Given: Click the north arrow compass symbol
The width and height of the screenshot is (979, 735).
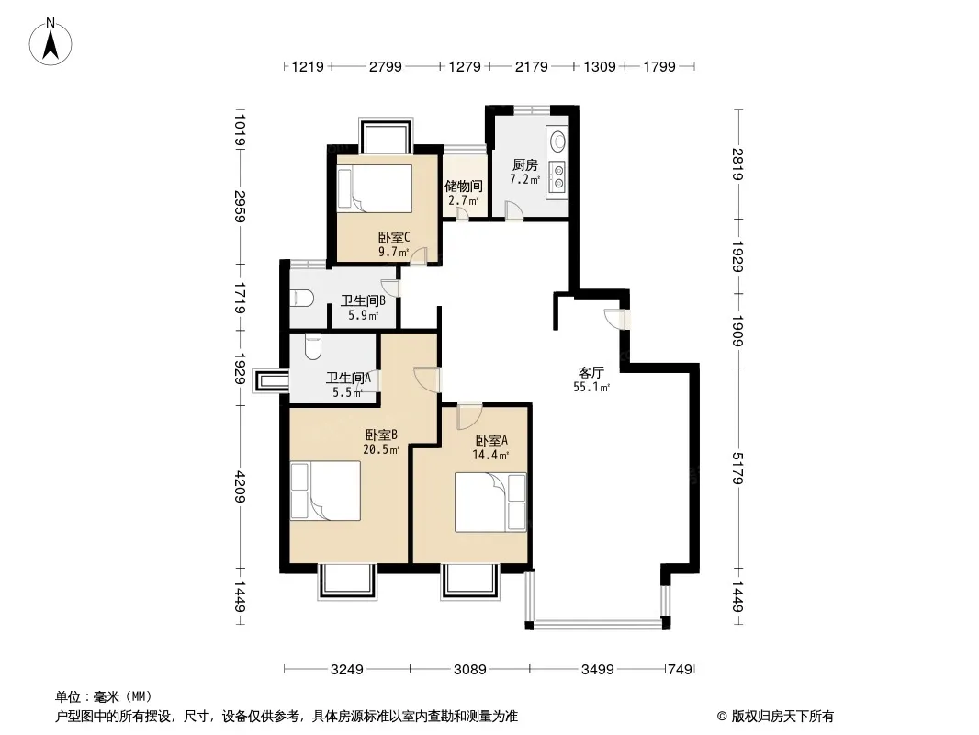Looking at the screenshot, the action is (x=51, y=42).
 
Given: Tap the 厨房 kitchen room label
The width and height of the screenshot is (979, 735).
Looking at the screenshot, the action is (x=524, y=165).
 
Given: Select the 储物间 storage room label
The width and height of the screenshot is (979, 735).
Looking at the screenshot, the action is (x=463, y=187).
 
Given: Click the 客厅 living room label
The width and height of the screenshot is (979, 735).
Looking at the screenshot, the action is (x=591, y=373).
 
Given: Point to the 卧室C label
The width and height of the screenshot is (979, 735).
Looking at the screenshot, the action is (x=394, y=237).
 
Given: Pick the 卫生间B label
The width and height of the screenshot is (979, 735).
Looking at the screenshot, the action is (x=363, y=300).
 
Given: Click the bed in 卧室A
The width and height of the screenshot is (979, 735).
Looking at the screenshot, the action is (x=490, y=502).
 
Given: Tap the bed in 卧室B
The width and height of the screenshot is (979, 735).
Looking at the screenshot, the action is (x=325, y=491).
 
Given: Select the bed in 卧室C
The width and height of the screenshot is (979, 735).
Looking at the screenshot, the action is (x=375, y=188).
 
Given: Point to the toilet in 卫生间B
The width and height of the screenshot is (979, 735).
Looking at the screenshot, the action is (x=301, y=298).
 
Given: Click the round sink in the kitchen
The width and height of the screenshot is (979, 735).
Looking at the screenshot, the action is (x=557, y=141).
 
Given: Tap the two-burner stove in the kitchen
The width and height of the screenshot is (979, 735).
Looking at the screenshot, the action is (x=557, y=175).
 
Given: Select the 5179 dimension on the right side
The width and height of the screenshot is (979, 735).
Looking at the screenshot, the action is (x=737, y=469).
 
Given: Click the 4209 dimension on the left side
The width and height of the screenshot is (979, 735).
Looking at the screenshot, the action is (x=241, y=487).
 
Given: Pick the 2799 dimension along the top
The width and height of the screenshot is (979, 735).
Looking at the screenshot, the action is (x=385, y=66).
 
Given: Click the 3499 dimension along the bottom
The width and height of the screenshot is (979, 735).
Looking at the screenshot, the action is (x=598, y=670).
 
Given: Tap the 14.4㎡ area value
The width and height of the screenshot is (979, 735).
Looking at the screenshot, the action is (x=490, y=455).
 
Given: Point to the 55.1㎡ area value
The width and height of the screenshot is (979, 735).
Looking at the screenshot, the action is (x=591, y=387).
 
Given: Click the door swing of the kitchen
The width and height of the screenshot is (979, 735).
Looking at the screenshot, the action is (x=514, y=210).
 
